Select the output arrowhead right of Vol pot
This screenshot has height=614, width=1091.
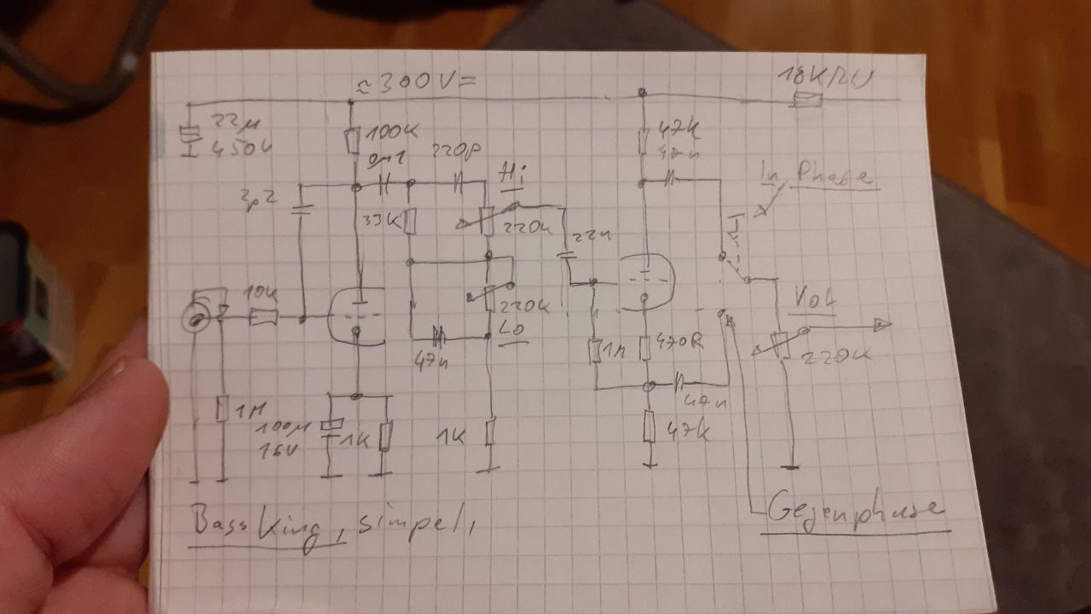[882, 324]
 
